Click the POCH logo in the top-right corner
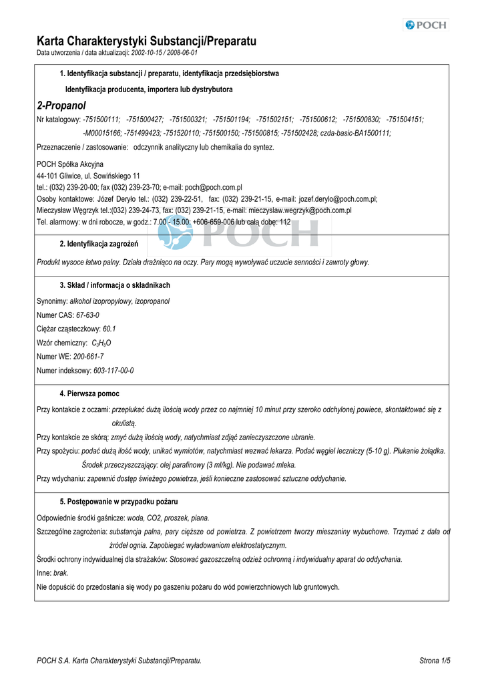coord(426,25)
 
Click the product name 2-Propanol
coord(61,106)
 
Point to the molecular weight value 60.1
coord(109,329)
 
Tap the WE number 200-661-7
coord(88,357)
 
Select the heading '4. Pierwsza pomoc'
coord(89,394)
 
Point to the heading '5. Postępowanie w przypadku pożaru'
coord(119,502)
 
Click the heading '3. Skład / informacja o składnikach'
coord(115,285)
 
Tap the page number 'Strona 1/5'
coord(435,661)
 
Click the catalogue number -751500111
coord(101,120)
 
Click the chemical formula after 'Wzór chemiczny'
coord(101,343)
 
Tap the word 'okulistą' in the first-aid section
coord(124,423)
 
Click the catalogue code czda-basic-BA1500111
coord(358,133)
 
